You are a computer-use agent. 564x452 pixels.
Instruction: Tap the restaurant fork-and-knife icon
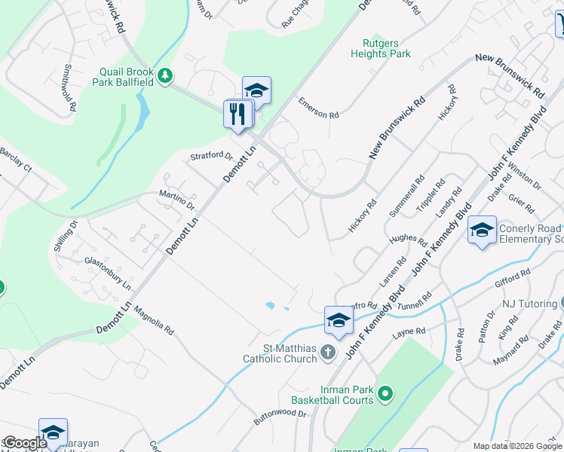pos(238,114)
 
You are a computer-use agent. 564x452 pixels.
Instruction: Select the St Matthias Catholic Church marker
pos(327,352)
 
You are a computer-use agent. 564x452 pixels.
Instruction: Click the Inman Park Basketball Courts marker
pos(385,393)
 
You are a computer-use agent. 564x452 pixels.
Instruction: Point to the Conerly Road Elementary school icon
pos(482,230)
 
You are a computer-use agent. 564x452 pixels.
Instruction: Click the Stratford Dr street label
pos(211,156)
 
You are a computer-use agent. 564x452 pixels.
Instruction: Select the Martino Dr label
pos(177,200)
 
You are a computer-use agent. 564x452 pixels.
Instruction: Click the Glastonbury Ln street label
pos(108,273)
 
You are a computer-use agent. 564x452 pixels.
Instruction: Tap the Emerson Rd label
pos(318,108)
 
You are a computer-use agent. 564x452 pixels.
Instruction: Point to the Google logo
pos(25,443)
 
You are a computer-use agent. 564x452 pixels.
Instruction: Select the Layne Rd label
pos(409,332)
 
